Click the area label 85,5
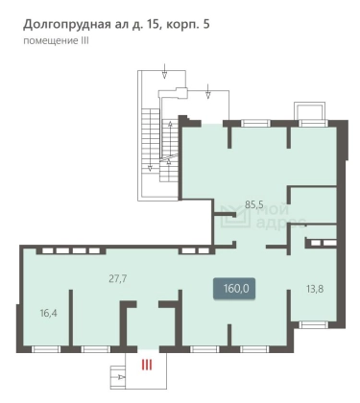coord(254,204)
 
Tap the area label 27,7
coord(118,279)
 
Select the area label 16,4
coord(49,313)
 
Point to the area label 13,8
coord(315,289)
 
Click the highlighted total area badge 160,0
coord(234,289)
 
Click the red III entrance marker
coord(147,365)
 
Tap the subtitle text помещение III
coord(56,41)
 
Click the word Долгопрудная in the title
coord(67,25)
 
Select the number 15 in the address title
coord(153,24)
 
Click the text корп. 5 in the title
coord(187,25)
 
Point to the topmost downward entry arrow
coord(164,71)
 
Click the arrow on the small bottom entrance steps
coord(122,377)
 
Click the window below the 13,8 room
coord(314,325)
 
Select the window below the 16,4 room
coord(46,349)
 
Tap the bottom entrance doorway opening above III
coord(148,349)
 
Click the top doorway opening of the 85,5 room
coord(212,124)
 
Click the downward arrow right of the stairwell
coord(208,91)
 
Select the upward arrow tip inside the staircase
coord(171,123)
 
